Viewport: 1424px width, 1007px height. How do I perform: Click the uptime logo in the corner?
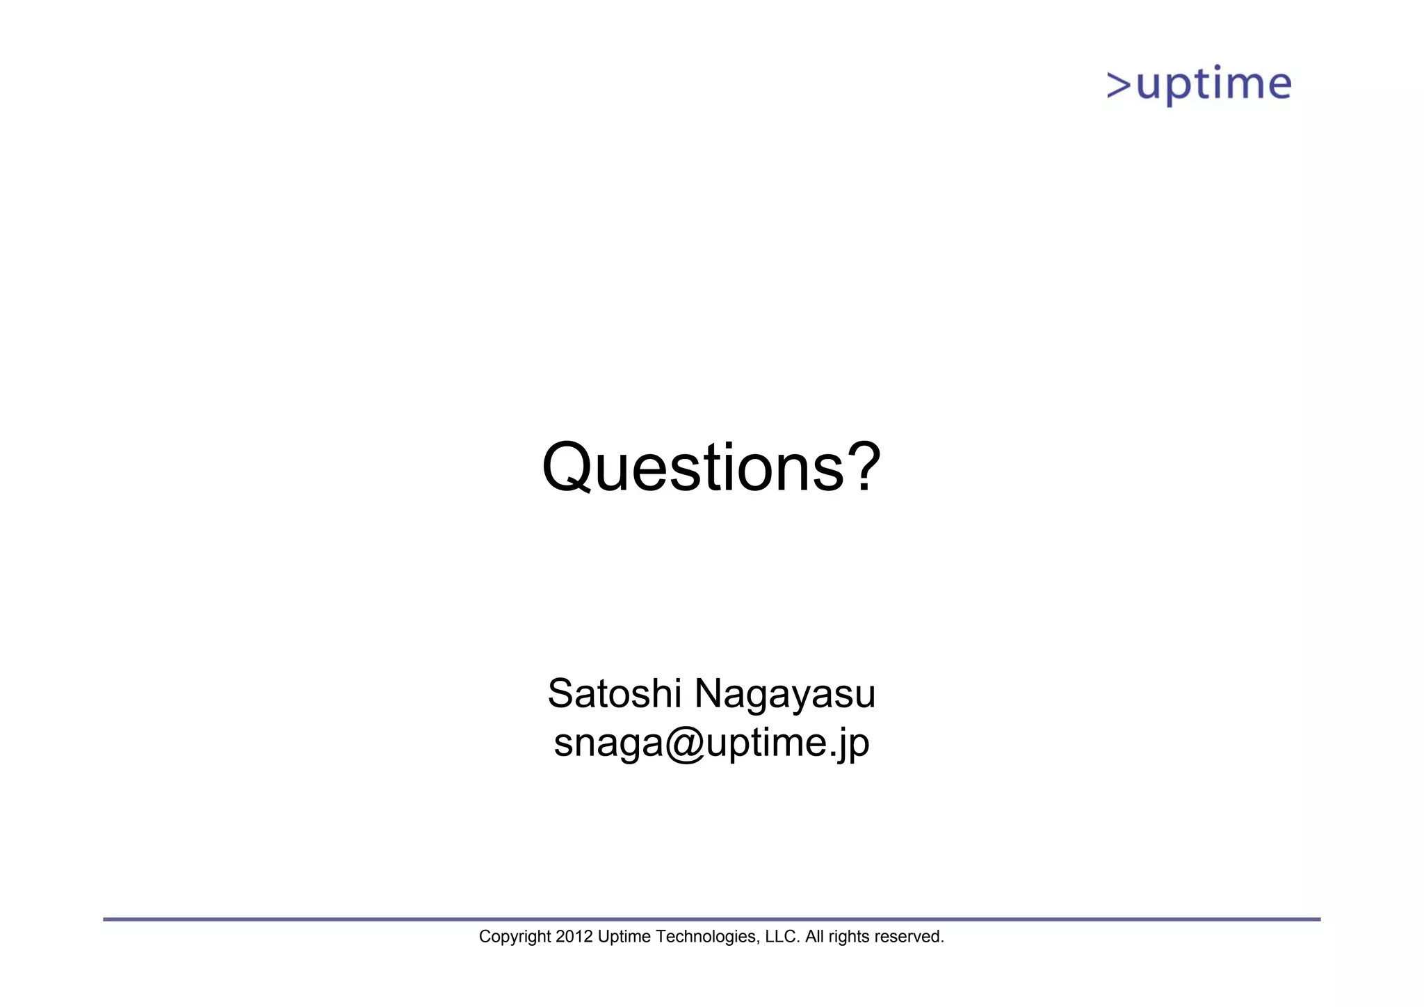(1199, 86)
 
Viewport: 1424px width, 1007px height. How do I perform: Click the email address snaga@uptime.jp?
(711, 743)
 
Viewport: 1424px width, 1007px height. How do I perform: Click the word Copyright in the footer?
(515, 937)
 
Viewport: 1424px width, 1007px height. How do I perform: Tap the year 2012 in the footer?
(574, 937)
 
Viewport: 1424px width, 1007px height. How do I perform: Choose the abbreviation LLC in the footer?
(781, 937)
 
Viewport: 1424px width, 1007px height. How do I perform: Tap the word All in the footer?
(814, 937)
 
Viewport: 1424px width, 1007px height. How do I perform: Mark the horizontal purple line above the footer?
(711, 919)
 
